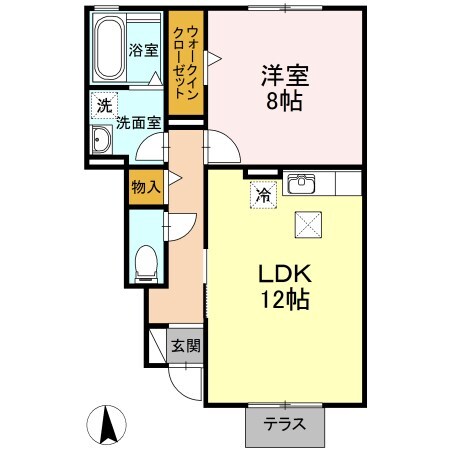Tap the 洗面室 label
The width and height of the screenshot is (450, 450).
[138, 124]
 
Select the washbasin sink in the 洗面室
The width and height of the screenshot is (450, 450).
[101, 139]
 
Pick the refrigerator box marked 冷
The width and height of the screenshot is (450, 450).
[262, 196]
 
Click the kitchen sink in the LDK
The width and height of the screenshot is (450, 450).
[300, 184]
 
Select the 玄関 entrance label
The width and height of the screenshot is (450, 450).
[185, 347]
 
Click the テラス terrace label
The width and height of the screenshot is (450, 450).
[285, 424]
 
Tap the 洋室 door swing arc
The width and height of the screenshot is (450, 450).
[223, 145]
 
